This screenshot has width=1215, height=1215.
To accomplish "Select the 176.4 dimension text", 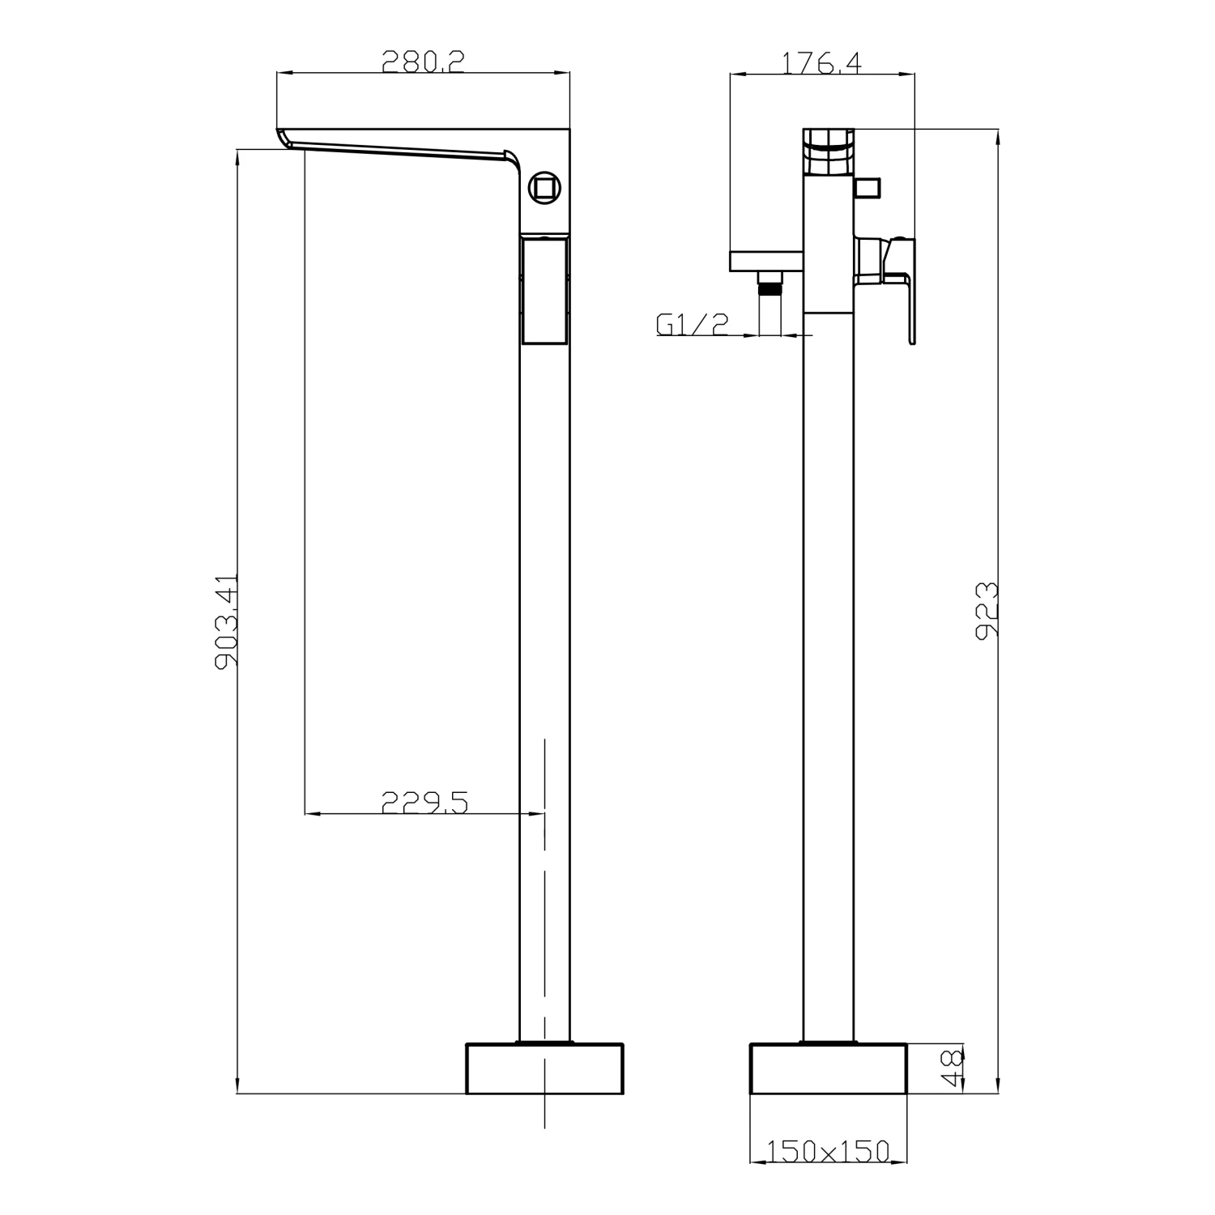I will click(821, 62).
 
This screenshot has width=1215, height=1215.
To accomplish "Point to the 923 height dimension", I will click(986, 611).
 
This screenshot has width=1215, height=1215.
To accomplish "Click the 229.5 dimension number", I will click(424, 802).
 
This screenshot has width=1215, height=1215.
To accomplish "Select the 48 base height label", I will click(953, 1068).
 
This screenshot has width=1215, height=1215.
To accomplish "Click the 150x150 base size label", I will click(827, 1150).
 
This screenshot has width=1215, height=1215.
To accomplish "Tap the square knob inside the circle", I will click(544, 188).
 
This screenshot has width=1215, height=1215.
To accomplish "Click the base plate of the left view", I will click(544, 1068).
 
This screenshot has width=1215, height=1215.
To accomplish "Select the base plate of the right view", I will click(827, 1068).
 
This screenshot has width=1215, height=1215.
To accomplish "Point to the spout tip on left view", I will click(283, 139).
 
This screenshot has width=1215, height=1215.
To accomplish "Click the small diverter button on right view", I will click(868, 188).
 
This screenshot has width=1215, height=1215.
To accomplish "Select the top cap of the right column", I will click(828, 151).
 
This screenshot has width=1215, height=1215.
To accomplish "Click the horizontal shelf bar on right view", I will click(766, 261).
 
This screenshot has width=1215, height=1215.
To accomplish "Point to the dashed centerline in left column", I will click(544, 932).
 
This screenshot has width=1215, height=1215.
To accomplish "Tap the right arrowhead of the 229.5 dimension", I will click(536, 813).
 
